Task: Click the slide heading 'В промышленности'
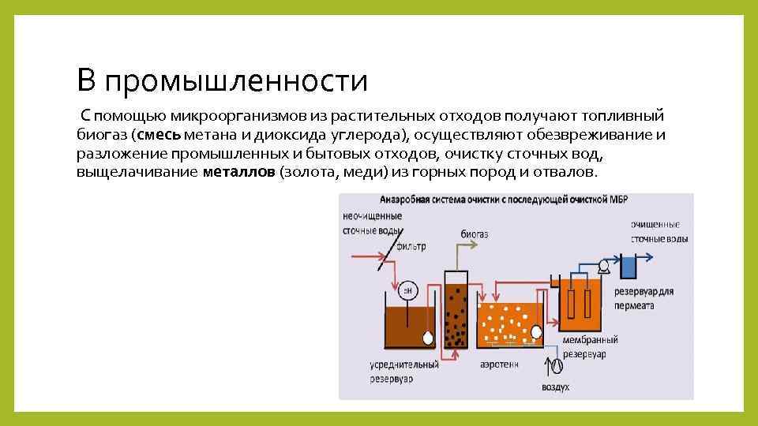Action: point(222,80)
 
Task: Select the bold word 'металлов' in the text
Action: point(238,172)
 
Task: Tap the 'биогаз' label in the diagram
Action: point(474,234)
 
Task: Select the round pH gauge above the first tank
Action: point(408,290)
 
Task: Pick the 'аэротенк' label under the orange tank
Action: point(499,365)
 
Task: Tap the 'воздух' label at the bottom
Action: point(555,387)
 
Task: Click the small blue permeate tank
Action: point(629,267)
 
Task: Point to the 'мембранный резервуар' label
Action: point(589,347)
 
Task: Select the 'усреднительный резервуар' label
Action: point(403,372)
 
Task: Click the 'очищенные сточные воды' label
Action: point(659,232)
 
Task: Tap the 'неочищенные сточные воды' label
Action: point(370,224)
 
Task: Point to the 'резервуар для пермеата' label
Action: point(644,297)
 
